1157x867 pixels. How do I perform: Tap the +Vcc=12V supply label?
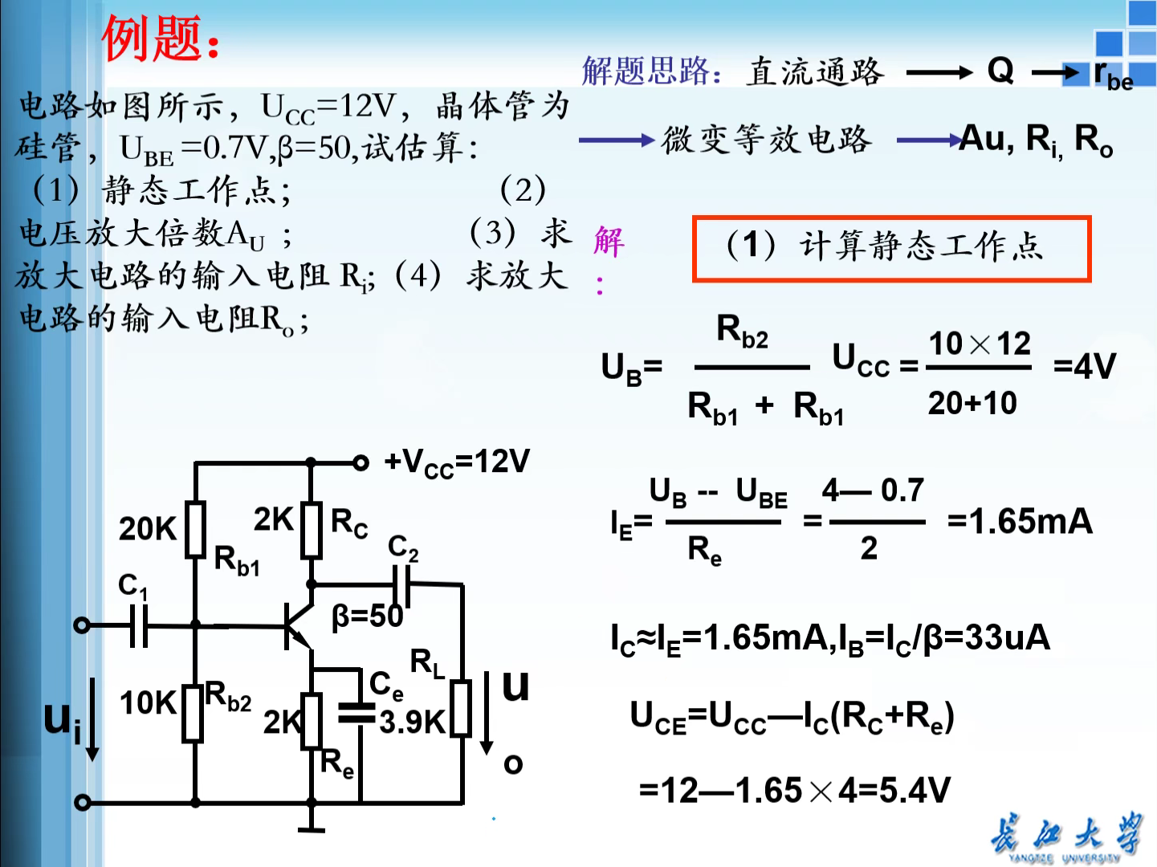point(456,462)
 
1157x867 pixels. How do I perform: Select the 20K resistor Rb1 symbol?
point(195,529)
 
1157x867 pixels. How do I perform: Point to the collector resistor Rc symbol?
point(312,530)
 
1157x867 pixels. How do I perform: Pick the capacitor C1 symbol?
point(139,625)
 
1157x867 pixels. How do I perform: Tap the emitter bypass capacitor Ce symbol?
point(356,712)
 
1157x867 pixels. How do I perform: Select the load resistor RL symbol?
point(461,708)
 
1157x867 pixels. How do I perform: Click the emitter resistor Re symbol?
point(312,721)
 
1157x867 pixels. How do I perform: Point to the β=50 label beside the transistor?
point(367,617)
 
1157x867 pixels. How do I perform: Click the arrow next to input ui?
point(92,718)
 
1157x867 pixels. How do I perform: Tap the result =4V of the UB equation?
point(1084,368)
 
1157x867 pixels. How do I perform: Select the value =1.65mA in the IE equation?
point(1020,522)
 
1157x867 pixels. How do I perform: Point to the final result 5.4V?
point(915,791)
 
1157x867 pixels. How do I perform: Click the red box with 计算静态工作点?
point(891,249)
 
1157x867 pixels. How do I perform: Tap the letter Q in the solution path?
point(1000,71)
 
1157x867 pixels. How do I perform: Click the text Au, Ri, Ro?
point(1036,140)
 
